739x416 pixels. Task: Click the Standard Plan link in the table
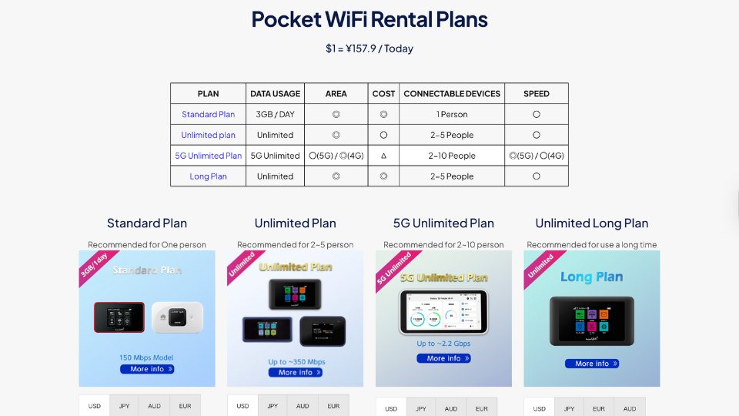(x=208, y=115)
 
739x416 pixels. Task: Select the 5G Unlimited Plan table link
(x=208, y=156)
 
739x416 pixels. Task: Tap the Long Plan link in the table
(x=208, y=176)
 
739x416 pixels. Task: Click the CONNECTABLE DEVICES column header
(x=452, y=94)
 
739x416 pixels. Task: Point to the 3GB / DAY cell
(x=275, y=115)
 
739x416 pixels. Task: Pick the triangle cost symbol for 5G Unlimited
(x=383, y=156)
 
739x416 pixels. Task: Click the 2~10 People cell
(x=452, y=156)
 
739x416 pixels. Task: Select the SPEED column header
(x=536, y=94)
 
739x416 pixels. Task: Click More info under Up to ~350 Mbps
(x=296, y=373)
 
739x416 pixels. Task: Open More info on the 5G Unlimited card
(x=443, y=358)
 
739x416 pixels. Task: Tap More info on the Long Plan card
(x=591, y=364)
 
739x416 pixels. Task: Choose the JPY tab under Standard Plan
(x=124, y=406)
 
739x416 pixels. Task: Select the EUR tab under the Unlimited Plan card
(x=333, y=406)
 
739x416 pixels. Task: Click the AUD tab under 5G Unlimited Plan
(x=451, y=408)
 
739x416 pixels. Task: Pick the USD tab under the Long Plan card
(x=539, y=408)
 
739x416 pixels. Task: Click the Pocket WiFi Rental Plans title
(x=369, y=19)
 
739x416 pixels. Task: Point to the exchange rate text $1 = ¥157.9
(x=369, y=49)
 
